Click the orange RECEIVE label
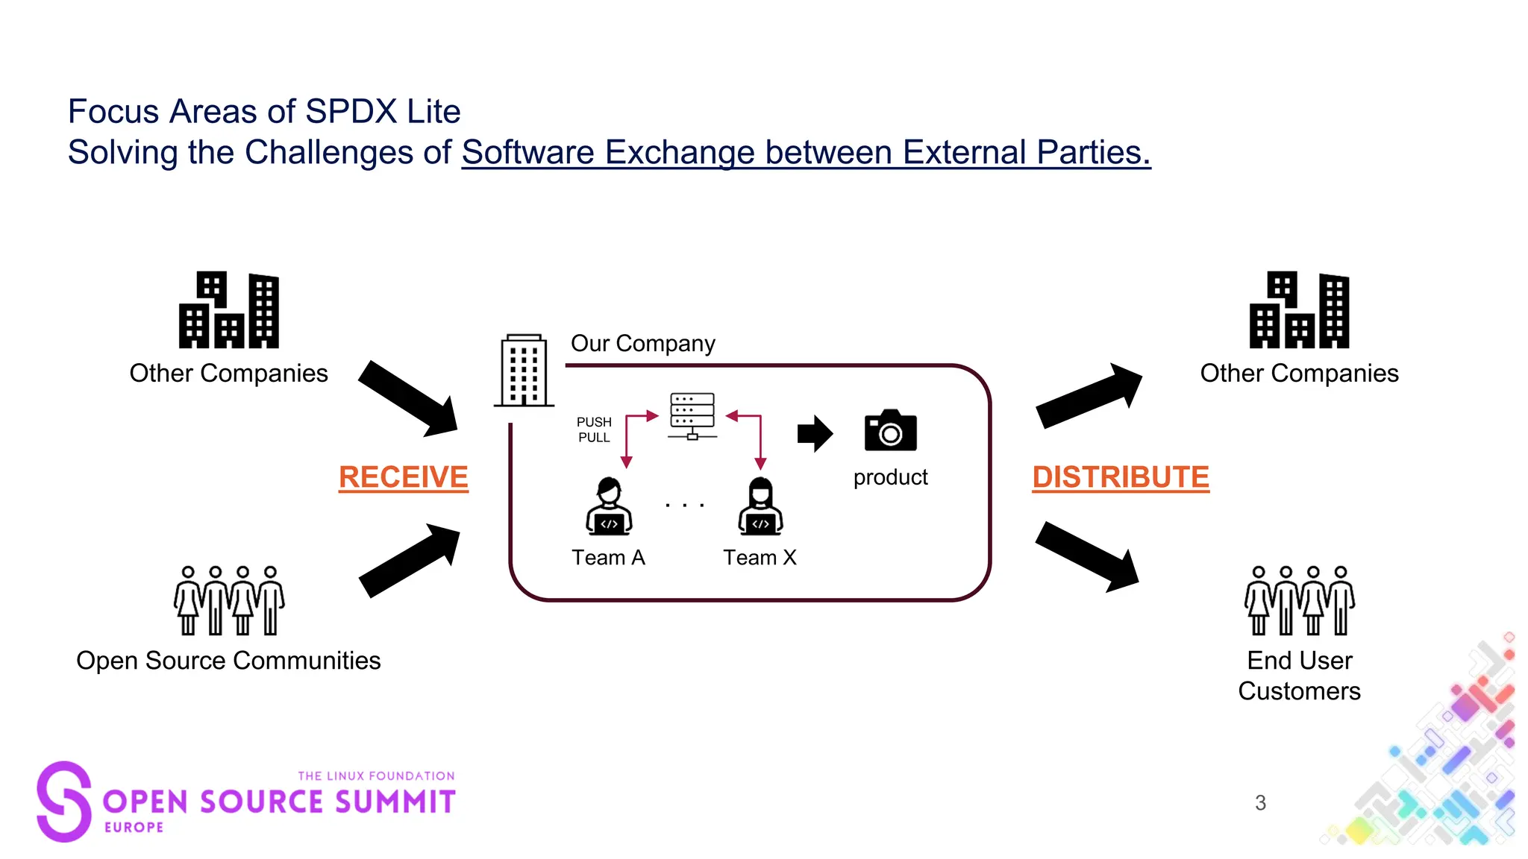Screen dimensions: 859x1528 pos(403,477)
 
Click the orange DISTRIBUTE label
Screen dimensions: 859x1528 pos(1120,477)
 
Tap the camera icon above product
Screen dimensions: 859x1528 pos(890,430)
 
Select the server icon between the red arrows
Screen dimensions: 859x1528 pos(692,415)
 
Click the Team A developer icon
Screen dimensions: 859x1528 pos(609,507)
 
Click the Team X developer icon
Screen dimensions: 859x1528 pos(760,507)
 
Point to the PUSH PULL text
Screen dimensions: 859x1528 pos(594,429)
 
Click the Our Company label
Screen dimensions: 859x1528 pos(642,343)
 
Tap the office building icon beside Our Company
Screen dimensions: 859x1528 pos(524,371)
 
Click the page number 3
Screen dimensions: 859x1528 pos(1260,803)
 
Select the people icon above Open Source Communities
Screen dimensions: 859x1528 pos(229,600)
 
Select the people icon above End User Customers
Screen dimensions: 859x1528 pos(1299,600)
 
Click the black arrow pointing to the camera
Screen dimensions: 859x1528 pos(814,433)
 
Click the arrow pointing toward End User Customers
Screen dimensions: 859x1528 pos(1087,556)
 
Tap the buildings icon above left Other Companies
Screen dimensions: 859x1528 pos(229,310)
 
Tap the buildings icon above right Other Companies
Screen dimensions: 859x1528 pos(1299,310)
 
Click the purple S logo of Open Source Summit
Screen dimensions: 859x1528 pos(64,802)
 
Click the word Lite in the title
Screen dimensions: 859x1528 pos(433,112)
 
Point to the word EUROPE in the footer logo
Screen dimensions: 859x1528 pos(134,827)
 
